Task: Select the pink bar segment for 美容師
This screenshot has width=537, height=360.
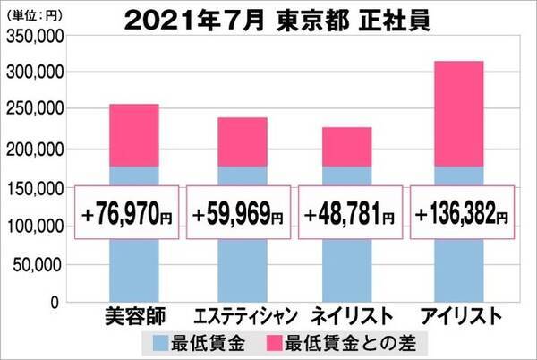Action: [134, 134]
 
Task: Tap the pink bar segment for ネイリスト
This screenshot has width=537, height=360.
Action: [347, 146]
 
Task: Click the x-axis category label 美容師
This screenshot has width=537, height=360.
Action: [134, 316]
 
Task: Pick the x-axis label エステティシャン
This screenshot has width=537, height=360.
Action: [242, 316]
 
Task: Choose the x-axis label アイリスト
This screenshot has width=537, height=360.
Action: [457, 316]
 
